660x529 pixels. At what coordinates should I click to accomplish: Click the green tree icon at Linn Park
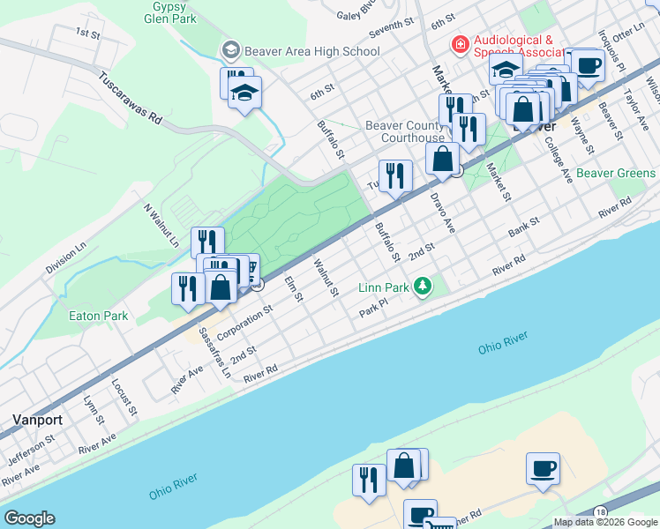424,287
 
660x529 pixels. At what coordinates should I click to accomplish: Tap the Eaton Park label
100,316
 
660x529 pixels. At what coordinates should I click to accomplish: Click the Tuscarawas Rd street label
130,95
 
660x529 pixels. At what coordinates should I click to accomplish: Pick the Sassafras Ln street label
214,349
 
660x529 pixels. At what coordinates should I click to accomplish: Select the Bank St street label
523,230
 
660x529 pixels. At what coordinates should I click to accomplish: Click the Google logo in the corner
29,518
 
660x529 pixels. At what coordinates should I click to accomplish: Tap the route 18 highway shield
600,512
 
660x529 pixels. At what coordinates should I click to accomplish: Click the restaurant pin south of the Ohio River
368,480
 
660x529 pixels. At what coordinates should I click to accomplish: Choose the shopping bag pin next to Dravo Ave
443,160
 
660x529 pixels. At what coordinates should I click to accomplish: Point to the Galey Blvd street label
358,13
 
